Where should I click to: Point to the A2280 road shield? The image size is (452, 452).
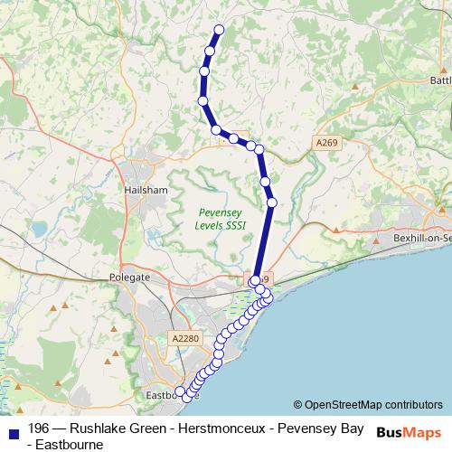(183, 338)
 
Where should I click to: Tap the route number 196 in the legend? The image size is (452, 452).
(39, 428)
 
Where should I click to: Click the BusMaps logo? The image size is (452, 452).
(410, 431)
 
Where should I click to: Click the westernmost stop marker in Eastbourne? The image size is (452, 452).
(180, 391)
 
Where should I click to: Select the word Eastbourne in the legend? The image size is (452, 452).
(65, 444)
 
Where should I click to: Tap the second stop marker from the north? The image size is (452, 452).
(210, 51)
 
